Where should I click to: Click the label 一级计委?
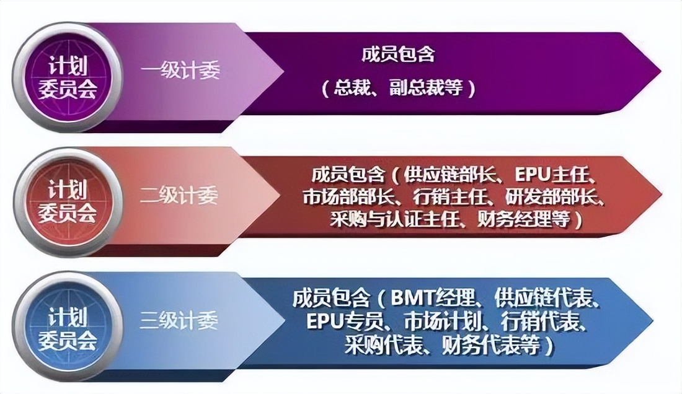pyautogui.click(x=180, y=71)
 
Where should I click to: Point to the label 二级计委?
pyautogui.click(x=179, y=196)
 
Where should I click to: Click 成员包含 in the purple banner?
pyautogui.click(x=397, y=55)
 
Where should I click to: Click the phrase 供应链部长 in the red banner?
pyautogui.click(x=438, y=174)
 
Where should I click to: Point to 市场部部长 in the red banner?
pyautogui.click(x=340, y=196)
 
